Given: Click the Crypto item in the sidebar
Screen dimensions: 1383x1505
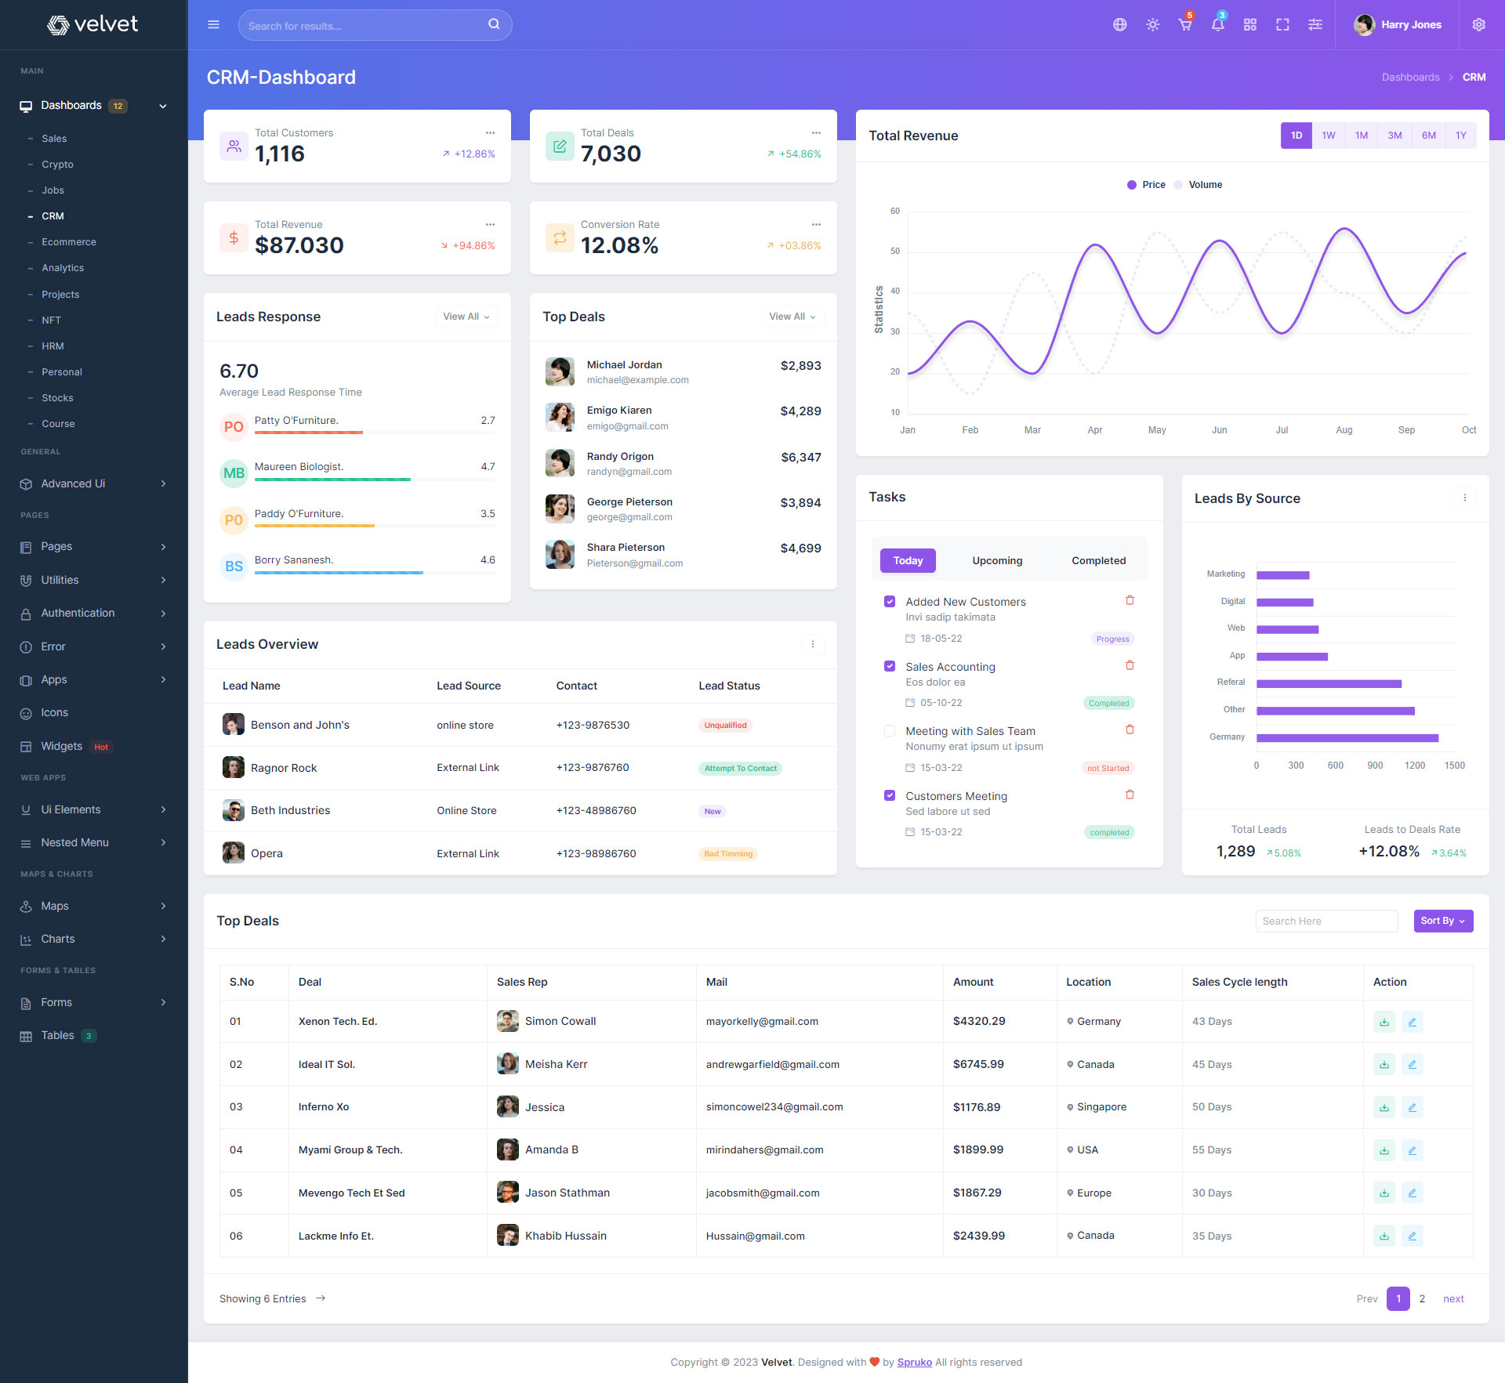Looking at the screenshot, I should click(57, 165).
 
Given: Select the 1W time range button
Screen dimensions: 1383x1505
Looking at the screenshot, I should click(1328, 136).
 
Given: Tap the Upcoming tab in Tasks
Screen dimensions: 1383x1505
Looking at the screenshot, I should click(997, 560).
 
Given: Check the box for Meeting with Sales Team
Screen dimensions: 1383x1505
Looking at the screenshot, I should click(890, 731).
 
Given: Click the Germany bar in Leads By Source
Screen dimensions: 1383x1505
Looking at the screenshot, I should click(1347, 738).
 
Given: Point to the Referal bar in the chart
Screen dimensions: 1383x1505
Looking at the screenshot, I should click(1329, 684).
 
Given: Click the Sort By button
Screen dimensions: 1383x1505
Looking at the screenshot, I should click(1442, 921).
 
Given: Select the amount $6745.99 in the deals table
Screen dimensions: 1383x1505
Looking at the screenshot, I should click(978, 1064).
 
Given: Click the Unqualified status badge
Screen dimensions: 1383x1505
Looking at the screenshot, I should click(725, 726).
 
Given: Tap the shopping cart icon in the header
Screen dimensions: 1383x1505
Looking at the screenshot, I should click(1185, 25).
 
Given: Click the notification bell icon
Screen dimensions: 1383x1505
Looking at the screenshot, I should click(1217, 25).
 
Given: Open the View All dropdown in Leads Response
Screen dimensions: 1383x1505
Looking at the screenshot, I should click(466, 317).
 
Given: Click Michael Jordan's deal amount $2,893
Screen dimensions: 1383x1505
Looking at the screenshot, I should click(800, 366).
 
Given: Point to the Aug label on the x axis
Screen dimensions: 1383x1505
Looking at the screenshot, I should click(1344, 430).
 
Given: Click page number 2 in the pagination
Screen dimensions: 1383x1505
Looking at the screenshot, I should click(1422, 1298).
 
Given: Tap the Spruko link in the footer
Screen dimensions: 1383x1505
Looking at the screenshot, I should click(914, 1362).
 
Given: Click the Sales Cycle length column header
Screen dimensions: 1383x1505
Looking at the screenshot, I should click(1239, 982).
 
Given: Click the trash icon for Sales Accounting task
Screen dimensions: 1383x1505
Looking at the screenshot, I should click(1130, 665).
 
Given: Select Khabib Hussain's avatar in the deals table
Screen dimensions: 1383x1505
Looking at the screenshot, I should click(507, 1236).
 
